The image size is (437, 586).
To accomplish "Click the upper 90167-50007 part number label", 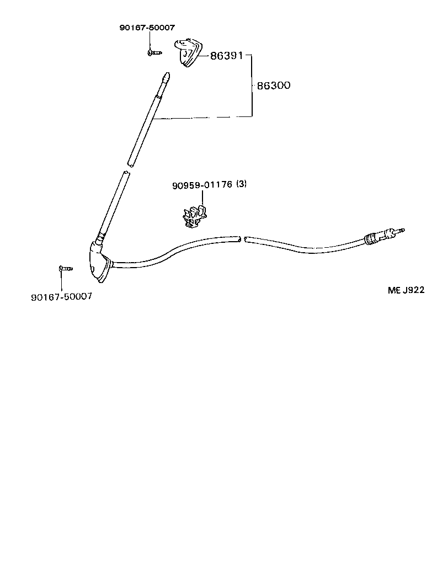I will point(143,28).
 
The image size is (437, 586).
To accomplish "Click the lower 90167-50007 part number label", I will point(61,296).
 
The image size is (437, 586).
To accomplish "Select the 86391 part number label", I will point(226,56).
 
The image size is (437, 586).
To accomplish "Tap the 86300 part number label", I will point(274,86).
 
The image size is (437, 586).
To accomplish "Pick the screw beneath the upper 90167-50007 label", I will point(153,52).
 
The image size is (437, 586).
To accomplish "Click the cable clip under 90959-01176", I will point(194,216).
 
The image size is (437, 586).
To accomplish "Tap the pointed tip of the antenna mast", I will point(166,76).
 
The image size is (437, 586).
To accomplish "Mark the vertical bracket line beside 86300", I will point(252,86).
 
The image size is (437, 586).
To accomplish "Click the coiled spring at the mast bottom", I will point(100,239).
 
